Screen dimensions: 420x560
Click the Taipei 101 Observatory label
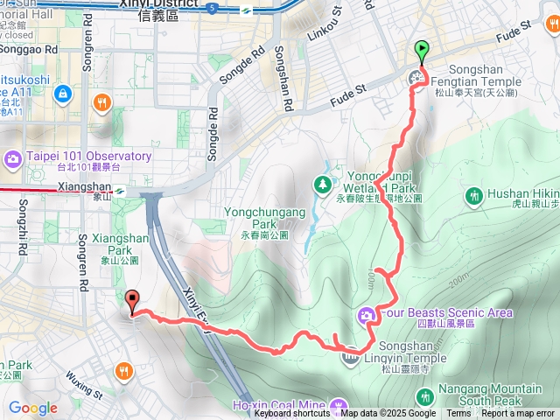pyautogui.click(x=89, y=157)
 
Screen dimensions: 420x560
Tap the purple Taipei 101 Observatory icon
pyautogui.click(x=13, y=158)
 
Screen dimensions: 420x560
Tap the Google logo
pyautogui.click(x=32, y=408)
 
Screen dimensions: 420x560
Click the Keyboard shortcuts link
pyautogui.click(x=292, y=414)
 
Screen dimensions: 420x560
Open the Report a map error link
pyautogui.click(x=519, y=414)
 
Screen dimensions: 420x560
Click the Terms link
pyautogui.click(x=458, y=414)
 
